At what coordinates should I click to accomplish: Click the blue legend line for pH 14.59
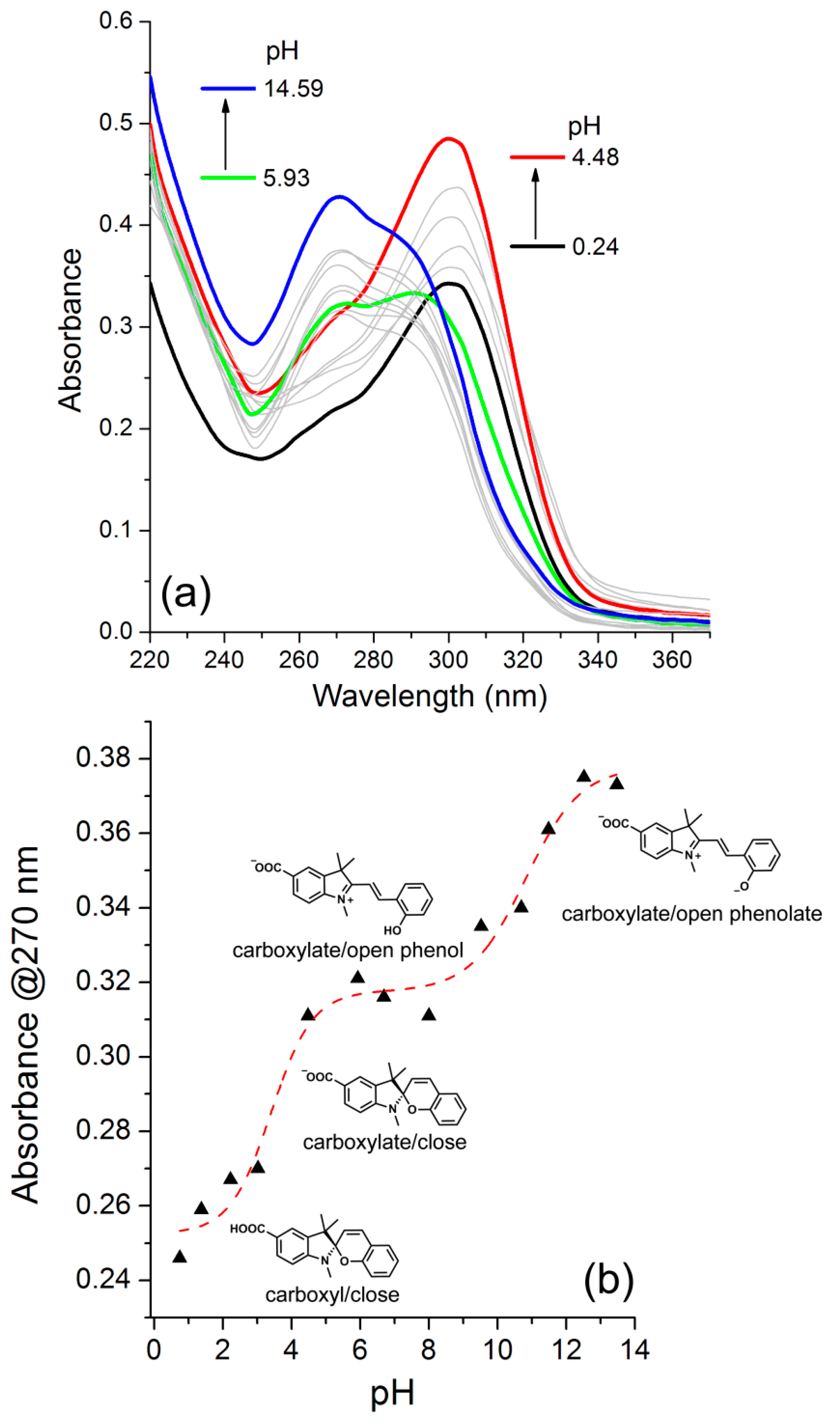[x=228, y=88]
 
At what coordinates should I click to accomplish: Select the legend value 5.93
[x=286, y=178]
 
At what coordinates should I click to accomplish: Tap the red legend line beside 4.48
[x=537, y=157]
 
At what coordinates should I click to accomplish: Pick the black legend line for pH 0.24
[x=537, y=246]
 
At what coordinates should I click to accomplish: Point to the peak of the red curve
[x=449, y=138]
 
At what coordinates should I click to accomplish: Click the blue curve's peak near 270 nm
[x=339, y=196]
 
